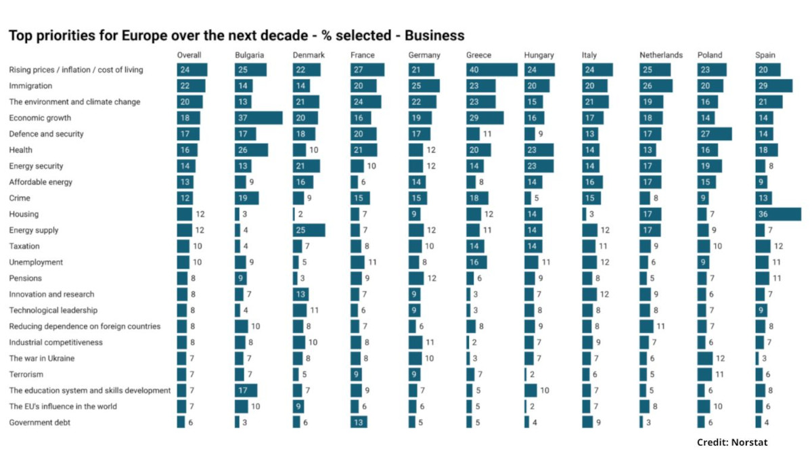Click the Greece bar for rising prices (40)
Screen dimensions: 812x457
tap(491, 70)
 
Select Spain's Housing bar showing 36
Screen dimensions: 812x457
tap(778, 214)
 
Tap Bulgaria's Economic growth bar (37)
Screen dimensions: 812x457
tap(258, 118)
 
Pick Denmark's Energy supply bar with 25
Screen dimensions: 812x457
tap(309, 230)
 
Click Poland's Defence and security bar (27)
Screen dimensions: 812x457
tap(714, 134)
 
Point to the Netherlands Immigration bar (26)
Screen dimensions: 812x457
tap(656, 85)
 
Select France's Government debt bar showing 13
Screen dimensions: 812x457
tap(359, 422)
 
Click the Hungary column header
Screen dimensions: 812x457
tap(539, 55)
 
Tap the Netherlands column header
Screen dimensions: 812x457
tap(661, 55)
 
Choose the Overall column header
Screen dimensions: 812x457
tap(189, 55)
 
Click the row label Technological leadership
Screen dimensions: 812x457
tap(53, 310)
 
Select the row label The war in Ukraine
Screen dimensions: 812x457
tap(42, 358)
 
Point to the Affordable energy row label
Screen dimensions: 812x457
tap(41, 182)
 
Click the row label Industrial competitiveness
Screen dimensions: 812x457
tap(55, 343)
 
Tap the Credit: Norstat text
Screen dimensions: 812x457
tap(732, 443)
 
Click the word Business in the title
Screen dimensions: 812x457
tap(434, 35)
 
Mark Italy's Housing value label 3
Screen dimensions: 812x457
tap(591, 214)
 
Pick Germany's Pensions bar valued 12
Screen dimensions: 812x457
tap(415, 278)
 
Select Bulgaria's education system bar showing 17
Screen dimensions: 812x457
tap(246, 390)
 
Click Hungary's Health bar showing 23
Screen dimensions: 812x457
tap(539, 150)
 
